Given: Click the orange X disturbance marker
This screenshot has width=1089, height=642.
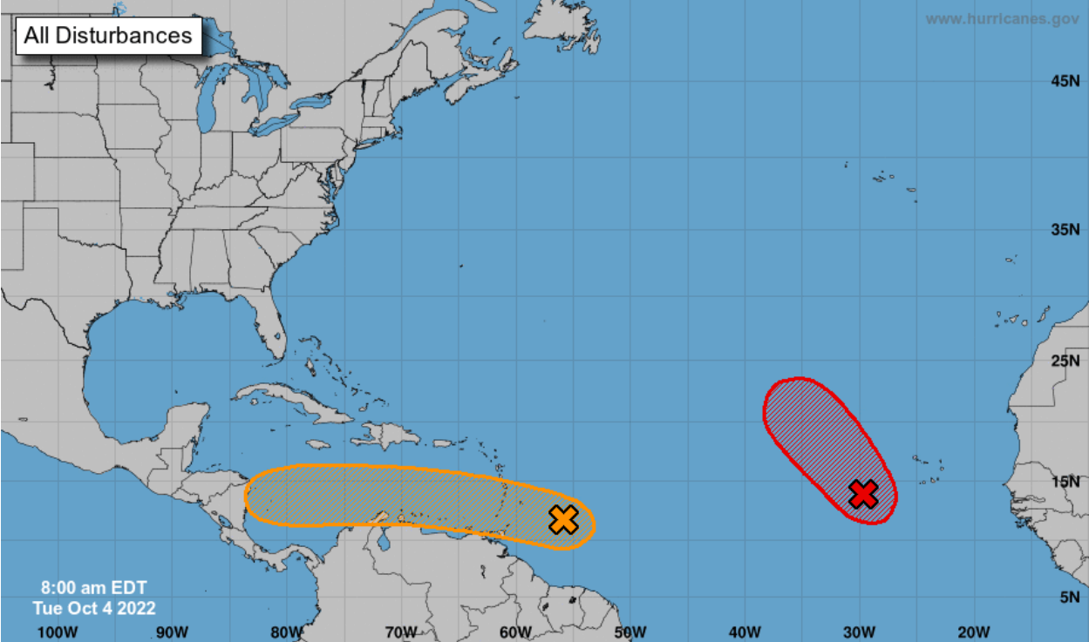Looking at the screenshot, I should [564, 519].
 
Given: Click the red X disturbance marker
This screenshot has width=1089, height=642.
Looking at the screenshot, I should [862, 493].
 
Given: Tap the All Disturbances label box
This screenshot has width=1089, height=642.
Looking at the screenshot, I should [108, 36].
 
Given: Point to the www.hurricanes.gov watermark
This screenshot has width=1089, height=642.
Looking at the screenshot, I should [1001, 18].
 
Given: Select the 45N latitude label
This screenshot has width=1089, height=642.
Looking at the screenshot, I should [1065, 81].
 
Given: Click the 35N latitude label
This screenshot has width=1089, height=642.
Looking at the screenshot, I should [1065, 230].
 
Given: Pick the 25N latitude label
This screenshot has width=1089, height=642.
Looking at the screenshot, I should [1065, 361].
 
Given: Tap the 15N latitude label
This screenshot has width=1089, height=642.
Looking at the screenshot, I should [1065, 482].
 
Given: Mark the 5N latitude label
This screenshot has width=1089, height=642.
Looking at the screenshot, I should [1069, 597].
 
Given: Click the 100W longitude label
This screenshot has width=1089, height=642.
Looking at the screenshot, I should [58, 632].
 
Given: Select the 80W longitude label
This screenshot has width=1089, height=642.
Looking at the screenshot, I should [287, 632].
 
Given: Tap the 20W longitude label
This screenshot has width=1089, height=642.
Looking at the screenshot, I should [973, 632].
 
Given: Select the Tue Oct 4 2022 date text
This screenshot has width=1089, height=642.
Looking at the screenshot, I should [94, 608].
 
